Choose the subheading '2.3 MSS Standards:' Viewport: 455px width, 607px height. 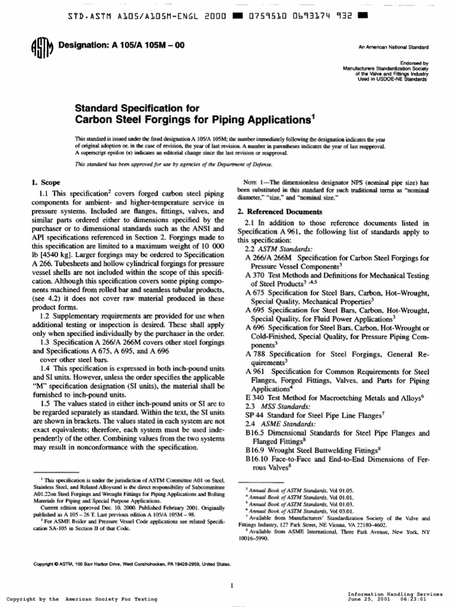[x=277, y=408]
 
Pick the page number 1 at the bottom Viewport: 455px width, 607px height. [x=233, y=569]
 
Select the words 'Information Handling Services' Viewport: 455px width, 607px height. [x=394, y=593]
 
